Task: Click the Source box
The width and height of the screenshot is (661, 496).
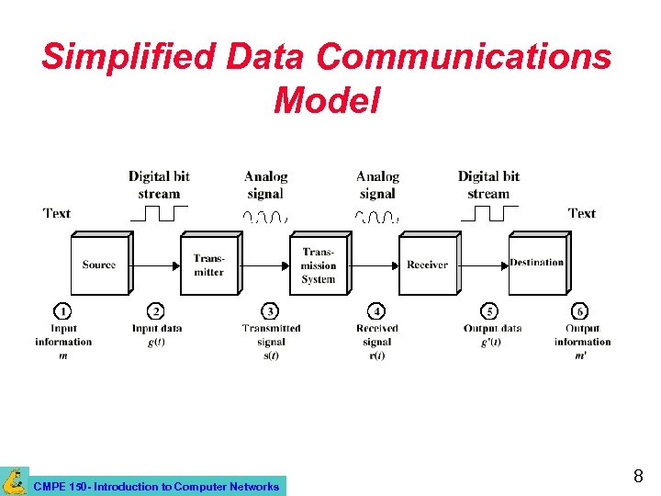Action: (x=99, y=265)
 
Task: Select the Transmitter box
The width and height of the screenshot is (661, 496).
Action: (x=208, y=265)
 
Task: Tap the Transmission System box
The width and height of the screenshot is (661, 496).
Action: (x=318, y=265)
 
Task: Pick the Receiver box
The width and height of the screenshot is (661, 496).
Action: (x=427, y=265)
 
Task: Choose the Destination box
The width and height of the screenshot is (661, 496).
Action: (x=537, y=264)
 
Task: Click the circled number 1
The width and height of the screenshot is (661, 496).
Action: (x=62, y=312)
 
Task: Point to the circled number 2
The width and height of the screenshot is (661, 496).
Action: (x=157, y=312)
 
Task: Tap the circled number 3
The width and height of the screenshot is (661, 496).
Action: (x=271, y=312)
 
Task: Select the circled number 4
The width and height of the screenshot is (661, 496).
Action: (x=376, y=312)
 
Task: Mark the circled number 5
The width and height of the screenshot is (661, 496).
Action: (x=490, y=312)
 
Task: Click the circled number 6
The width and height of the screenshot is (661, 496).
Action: (x=580, y=312)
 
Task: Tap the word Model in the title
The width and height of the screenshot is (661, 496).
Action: (x=326, y=100)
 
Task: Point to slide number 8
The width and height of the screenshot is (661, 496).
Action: (x=638, y=477)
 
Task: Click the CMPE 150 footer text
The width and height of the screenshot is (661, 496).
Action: (x=155, y=486)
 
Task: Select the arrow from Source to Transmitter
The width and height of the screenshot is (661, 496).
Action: (x=156, y=265)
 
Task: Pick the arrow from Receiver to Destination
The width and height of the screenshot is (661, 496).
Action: (x=484, y=265)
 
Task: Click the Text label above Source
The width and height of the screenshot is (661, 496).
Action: (x=57, y=213)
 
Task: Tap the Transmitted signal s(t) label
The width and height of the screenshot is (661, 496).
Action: (x=271, y=342)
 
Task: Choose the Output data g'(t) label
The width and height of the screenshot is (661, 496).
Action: (x=492, y=335)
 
